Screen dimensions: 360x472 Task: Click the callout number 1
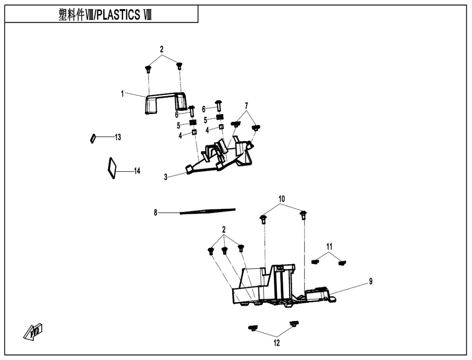123,93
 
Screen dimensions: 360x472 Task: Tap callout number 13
118,137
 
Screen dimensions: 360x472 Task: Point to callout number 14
137,171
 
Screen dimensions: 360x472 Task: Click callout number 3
166,177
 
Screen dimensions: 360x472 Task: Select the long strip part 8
208,211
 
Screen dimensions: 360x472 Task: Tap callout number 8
156,212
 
